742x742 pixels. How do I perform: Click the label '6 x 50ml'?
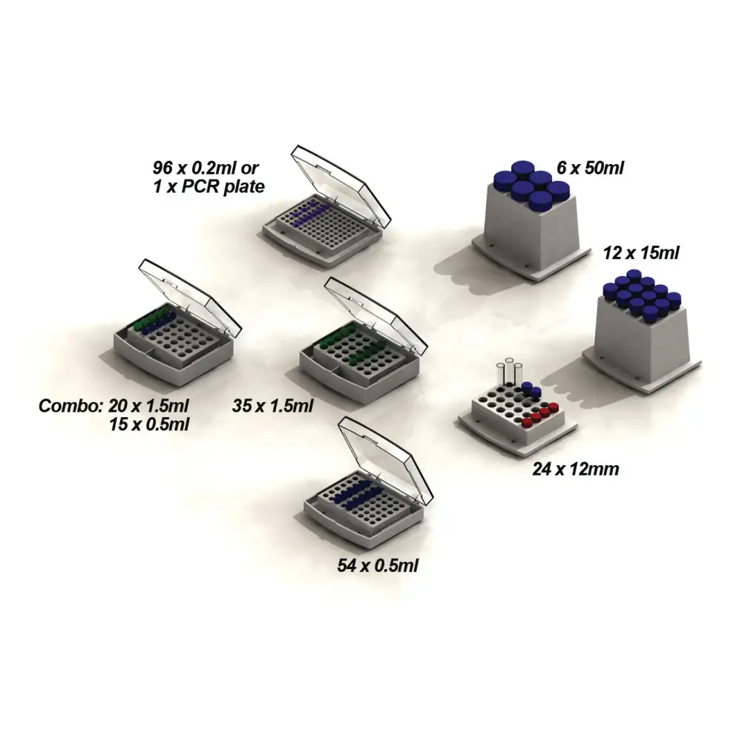click(590, 168)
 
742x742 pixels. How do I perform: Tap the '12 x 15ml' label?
click(641, 253)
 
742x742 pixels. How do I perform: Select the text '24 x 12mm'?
click(576, 469)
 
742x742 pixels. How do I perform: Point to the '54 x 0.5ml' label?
click(378, 565)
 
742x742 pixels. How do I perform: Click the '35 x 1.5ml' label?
click(272, 406)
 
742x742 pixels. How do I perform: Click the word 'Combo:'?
click(70, 406)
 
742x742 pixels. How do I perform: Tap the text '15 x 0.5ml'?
click(149, 424)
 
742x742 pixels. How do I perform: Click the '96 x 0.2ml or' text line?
click(206, 168)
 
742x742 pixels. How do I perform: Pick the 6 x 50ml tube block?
click(532, 220)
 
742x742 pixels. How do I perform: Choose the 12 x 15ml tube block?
click(641, 331)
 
